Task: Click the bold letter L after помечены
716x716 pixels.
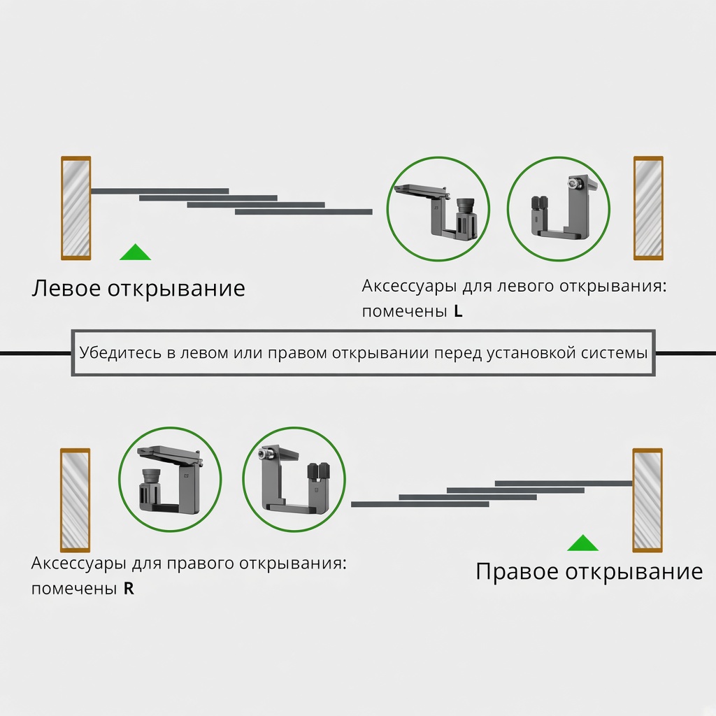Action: [x=458, y=311]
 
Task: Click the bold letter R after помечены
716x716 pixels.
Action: [x=129, y=589]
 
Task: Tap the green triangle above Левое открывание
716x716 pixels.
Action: [x=135, y=252]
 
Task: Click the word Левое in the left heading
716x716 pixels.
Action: [x=66, y=289]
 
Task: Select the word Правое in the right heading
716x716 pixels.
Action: [x=517, y=572]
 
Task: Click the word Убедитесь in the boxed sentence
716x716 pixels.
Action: [x=120, y=352]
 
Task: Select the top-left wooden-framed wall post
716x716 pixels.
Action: [x=76, y=208]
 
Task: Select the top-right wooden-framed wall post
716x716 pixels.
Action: [x=648, y=208]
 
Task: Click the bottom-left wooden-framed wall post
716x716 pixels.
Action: [x=76, y=500]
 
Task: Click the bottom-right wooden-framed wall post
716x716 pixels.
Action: [x=647, y=500]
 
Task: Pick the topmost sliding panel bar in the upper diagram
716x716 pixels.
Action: [x=160, y=191]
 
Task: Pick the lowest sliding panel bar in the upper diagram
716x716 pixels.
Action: [x=303, y=212]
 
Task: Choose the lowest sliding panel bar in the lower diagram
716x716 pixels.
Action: [x=420, y=504]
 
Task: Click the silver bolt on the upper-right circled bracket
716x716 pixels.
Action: [x=572, y=184]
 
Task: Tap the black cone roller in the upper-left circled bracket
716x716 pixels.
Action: [x=465, y=205]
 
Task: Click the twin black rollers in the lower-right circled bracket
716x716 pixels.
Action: [x=319, y=473]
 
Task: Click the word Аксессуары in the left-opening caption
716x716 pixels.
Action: [x=409, y=287]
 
